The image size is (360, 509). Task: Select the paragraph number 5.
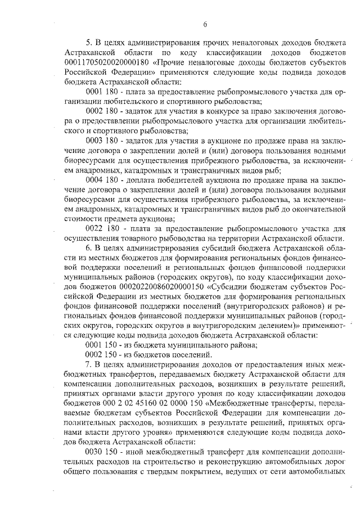(88, 41)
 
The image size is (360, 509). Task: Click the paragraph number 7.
(88, 364)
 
